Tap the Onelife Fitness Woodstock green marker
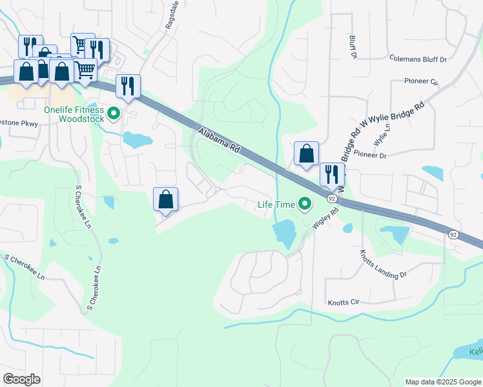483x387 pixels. tap(114, 114)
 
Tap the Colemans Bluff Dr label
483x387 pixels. tap(418, 59)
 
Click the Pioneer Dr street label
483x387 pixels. tap(369, 155)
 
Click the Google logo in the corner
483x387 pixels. tap(21, 379)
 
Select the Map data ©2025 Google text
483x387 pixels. tap(442, 382)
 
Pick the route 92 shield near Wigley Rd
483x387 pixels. tap(331, 198)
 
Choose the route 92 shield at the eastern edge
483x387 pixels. tap(453, 235)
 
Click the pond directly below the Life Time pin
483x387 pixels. tap(284, 232)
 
